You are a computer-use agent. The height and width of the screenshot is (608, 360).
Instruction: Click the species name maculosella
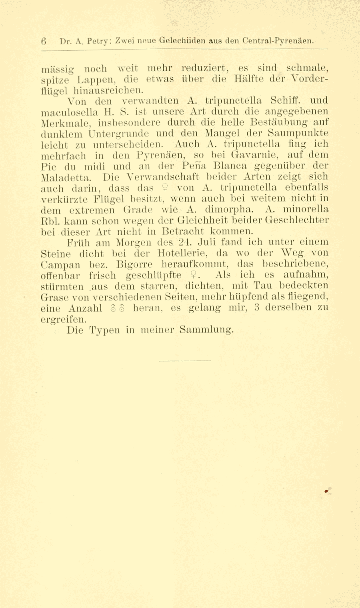[69, 111]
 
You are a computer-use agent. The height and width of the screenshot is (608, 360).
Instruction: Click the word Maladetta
[67, 176]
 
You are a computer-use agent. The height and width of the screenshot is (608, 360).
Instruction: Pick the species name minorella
[306, 209]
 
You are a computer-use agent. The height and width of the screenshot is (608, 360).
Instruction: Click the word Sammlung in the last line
[206, 330]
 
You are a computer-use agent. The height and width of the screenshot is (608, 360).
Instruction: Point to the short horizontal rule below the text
[184, 361]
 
